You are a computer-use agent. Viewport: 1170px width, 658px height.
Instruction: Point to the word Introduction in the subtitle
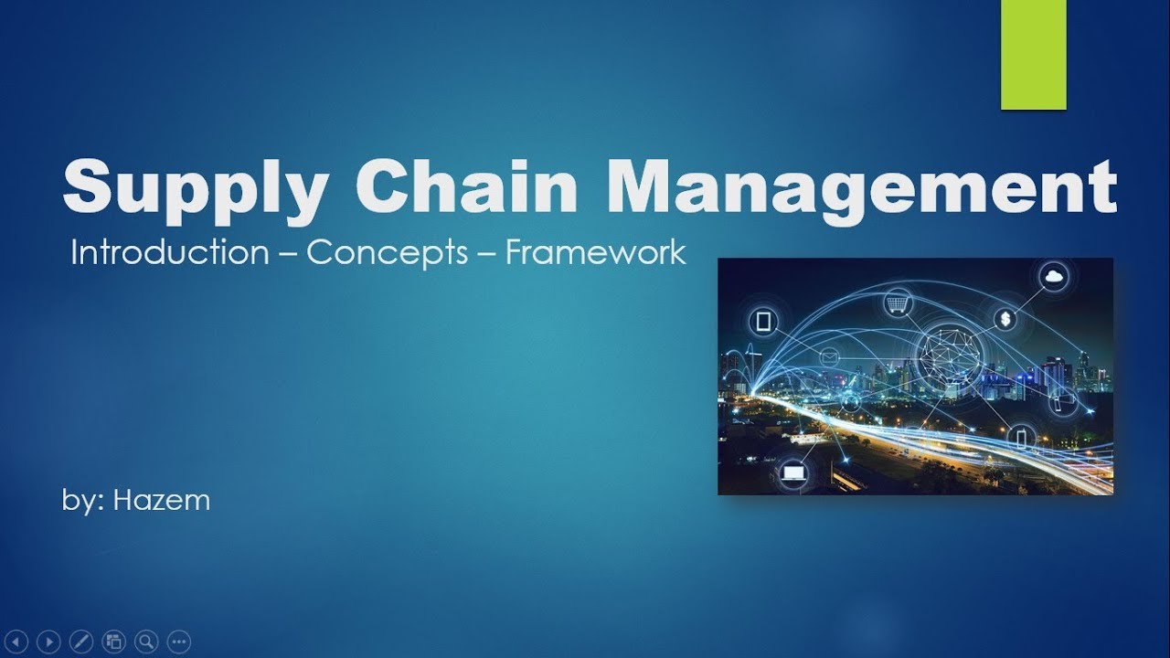tap(169, 252)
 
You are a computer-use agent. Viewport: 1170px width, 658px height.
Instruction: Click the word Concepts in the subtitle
tap(387, 253)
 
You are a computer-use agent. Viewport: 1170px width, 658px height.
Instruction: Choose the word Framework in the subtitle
tap(595, 252)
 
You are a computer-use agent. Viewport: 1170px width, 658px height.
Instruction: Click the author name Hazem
tap(161, 500)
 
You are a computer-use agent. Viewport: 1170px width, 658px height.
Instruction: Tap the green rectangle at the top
tap(1033, 55)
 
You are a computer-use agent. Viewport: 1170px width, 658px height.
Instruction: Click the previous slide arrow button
tap(19, 642)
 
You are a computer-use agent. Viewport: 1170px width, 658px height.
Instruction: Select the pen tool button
tap(81, 642)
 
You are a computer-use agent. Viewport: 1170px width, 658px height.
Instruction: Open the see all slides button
tap(113, 642)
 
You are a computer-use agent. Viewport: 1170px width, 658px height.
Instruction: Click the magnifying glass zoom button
tap(145, 642)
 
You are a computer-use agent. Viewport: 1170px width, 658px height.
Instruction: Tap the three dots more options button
tap(178, 642)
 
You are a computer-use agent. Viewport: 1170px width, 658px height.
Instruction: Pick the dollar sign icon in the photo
tap(1005, 319)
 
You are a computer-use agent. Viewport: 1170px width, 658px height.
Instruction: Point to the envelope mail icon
tap(830, 356)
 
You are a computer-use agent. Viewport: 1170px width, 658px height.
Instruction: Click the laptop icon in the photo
tap(792, 472)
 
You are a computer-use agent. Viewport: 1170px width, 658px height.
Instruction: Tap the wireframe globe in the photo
tap(947, 352)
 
